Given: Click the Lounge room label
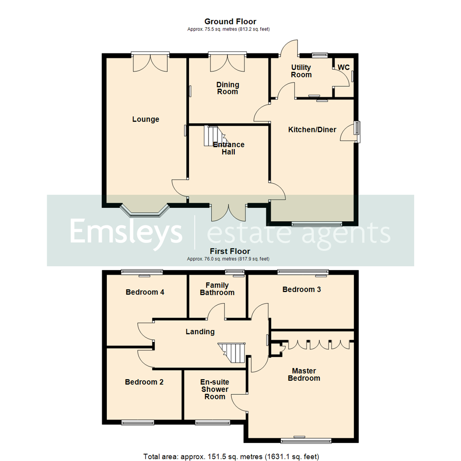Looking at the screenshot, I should (146, 120).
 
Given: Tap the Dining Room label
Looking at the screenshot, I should (228, 88).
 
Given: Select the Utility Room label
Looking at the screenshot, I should (301, 71).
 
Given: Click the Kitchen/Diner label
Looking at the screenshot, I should (312, 130).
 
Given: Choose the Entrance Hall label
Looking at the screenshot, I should (229, 148).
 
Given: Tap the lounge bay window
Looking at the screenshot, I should (145, 210).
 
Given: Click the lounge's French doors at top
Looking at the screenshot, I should (150, 62).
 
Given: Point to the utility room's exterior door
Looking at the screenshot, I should (289, 48).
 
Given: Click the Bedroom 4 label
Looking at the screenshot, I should (145, 292).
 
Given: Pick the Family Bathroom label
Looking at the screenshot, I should (217, 289).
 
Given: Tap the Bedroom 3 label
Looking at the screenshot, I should (302, 289).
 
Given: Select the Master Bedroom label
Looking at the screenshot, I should (304, 374).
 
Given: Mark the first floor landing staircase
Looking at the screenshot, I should (233, 353).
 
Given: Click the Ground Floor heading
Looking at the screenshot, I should (230, 21).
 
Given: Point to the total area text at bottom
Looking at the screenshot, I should (230, 457).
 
